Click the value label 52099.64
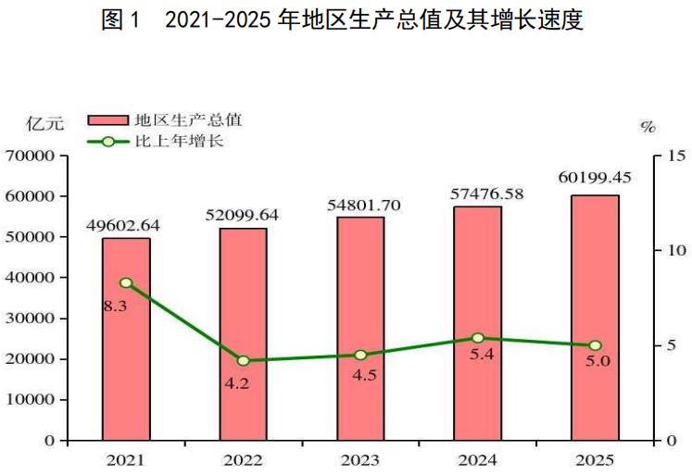243,215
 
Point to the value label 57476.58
477,194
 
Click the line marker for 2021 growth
126,282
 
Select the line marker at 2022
243,360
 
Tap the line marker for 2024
478,338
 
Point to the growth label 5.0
598,362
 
